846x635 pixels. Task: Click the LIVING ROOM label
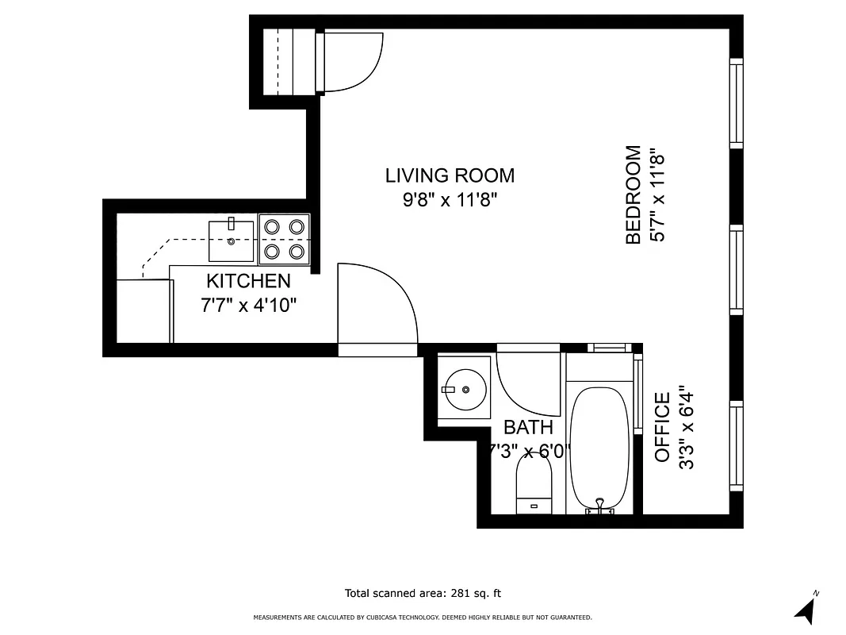point(450,175)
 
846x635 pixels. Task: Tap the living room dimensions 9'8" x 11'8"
point(450,200)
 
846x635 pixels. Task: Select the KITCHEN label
point(248,281)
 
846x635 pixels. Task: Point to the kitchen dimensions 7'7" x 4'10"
point(248,305)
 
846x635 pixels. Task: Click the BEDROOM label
point(633,194)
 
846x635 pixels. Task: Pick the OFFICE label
point(663,427)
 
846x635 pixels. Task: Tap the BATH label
point(528,428)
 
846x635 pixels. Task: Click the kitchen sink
point(232,241)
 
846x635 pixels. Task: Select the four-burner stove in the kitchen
point(285,239)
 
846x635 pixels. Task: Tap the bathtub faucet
point(600,506)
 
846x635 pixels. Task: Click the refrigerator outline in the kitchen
point(144,311)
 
